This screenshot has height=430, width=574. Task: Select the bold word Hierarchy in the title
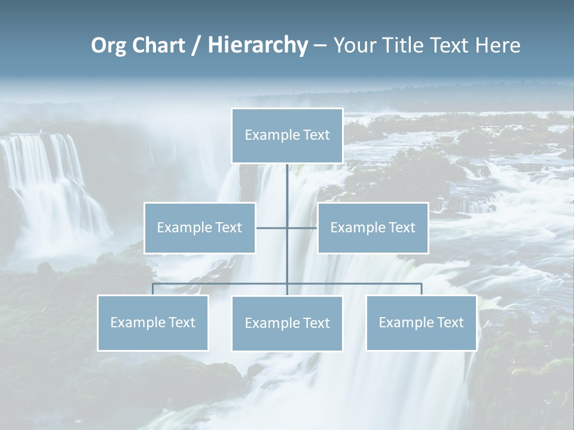point(258,45)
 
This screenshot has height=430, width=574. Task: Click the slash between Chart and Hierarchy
point(196,46)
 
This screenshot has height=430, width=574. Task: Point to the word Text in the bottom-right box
point(450,322)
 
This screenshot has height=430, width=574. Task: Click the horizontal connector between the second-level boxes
point(302,228)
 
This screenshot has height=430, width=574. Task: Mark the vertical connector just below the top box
point(287,182)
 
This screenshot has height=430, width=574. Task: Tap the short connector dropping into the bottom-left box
point(152,289)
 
